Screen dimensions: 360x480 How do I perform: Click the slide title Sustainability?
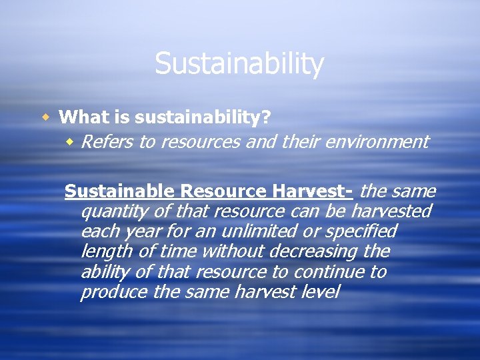click(x=239, y=64)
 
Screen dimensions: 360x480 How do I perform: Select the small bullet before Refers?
click(x=71, y=142)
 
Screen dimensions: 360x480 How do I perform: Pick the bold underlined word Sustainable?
click(x=119, y=192)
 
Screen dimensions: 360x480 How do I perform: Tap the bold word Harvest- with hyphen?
click(x=312, y=192)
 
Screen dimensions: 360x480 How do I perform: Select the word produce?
click(x=109, y=293)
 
